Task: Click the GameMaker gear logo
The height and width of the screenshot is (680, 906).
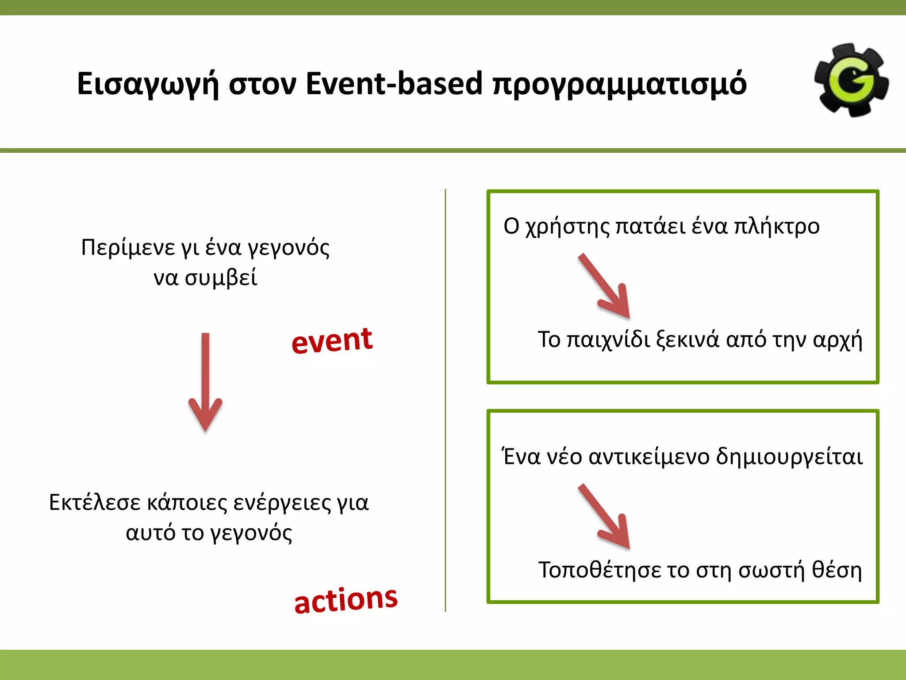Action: point(852,80)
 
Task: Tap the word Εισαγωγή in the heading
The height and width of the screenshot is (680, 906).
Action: point(148,84)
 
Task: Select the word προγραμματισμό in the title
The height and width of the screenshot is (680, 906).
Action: point(619,84)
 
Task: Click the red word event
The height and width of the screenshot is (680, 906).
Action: point(332,341)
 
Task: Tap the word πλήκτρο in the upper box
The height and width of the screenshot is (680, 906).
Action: point(776,227)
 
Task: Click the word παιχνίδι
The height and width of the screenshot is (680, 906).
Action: point(608,340)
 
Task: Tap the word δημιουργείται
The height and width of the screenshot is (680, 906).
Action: point(789,456)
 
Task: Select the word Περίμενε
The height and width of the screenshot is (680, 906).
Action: point(128,247)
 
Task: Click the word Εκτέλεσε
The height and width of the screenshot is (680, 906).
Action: point(95,502)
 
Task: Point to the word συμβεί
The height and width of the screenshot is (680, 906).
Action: point(221,278)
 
